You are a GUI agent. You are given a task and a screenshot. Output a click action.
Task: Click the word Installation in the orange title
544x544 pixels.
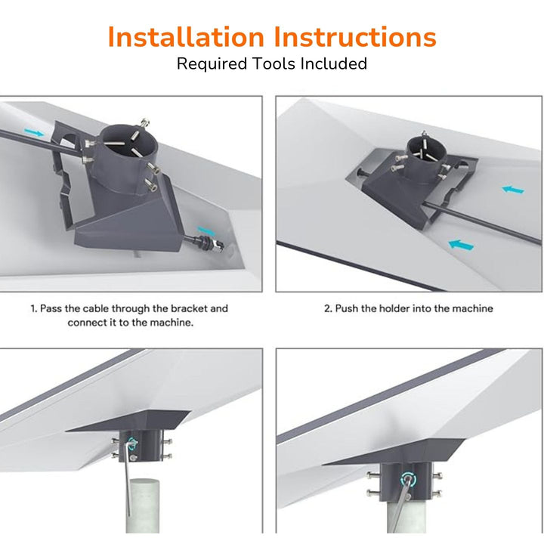pos(186,36)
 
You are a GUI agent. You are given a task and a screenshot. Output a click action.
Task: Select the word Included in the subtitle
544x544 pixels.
pos(334,63)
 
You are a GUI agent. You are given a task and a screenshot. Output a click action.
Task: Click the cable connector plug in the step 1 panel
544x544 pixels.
pos(209,243)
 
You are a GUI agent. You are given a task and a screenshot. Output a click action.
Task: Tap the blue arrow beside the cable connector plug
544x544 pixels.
pos(206,230)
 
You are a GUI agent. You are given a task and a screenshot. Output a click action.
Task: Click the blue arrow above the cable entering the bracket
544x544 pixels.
pos(34,132)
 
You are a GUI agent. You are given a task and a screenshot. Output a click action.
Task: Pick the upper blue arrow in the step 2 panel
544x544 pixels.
pos(513,190)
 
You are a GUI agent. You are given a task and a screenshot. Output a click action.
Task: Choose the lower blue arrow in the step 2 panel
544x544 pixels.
pos(461,245)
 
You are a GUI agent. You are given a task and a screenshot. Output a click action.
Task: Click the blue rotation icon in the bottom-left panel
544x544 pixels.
pos(131,444)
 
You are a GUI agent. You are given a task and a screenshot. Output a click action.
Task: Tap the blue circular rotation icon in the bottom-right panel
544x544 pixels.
pos(408,481)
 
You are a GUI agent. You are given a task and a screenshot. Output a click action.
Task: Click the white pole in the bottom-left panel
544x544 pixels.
pos(142,505)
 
